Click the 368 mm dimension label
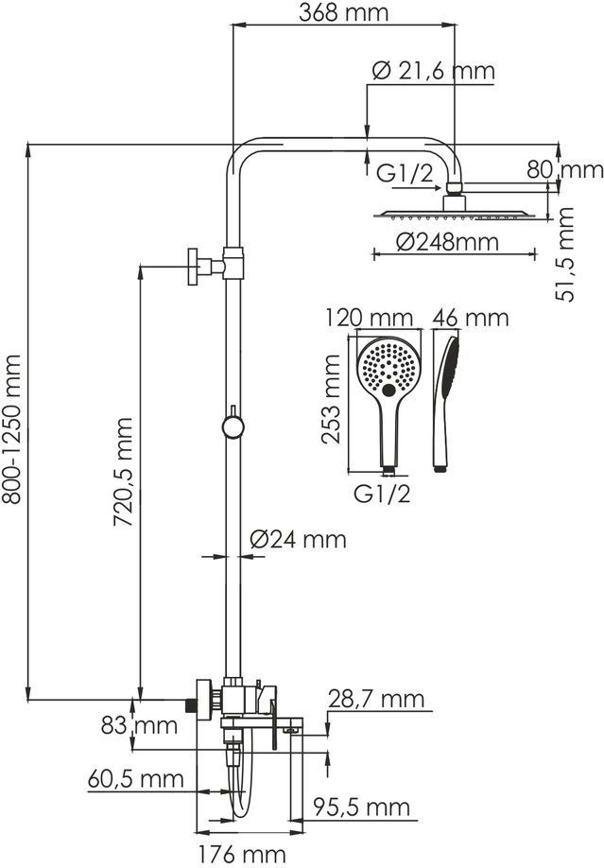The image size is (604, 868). (343, 13)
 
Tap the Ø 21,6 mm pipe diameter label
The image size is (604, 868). (434, 72)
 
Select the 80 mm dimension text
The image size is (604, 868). (564, 169)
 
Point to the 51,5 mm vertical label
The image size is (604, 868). (565, 254)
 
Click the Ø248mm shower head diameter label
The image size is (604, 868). (448, 242)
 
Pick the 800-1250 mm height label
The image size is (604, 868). (11, 429)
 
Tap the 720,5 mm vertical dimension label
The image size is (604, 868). (123, 472)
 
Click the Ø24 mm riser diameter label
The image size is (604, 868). (298, 539)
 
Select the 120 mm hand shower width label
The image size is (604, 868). (369, 319)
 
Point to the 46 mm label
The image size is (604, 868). (471, 318)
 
